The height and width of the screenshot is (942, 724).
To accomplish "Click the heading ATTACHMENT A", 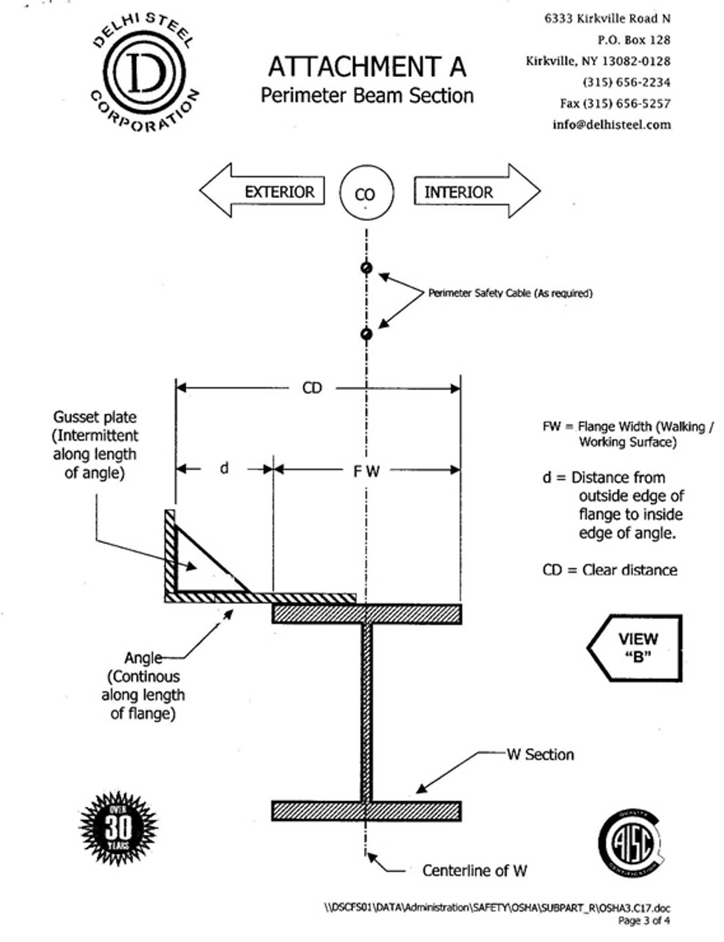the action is pyautogui.click(x=367, y=67).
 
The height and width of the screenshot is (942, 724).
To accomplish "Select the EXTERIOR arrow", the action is pyautogui.click(x=262, y=191).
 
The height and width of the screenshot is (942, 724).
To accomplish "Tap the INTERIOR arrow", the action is pyautogui.click(x=477, y=191).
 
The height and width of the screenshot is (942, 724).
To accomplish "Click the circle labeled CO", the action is pyautogui.click(x=366, y=193).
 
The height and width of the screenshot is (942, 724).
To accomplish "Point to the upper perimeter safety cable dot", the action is pyautogui.click(x=366, y=267).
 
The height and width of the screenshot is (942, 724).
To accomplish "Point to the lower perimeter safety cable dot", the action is pyautogui.click(x=366, y=334).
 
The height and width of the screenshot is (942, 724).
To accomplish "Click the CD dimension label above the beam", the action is pyautogui.click(x=312, y=388).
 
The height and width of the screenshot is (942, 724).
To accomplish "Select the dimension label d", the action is pyautogui.click(x=224, y=468).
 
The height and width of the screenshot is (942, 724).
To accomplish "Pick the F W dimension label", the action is pyautogui.click(x=366, y=471).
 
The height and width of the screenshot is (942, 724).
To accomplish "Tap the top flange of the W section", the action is pyautogui.click(x=366, y=614).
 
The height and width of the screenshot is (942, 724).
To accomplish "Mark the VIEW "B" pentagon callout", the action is pyautogui.click(x=635, y=648).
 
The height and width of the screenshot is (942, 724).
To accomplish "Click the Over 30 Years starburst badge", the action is pyautogui.click(x=118, y=829).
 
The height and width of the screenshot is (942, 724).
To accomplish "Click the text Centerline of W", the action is pyautogui.click(x=474, y=870).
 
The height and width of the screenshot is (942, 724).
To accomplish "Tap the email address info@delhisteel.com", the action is pyautogui.click(x=612, y=125).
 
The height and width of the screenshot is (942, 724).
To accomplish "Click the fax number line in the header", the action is pyautogui.click(x=615, y=103).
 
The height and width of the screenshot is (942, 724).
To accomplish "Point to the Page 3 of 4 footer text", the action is pyautogui.click(x=643, y=921).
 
